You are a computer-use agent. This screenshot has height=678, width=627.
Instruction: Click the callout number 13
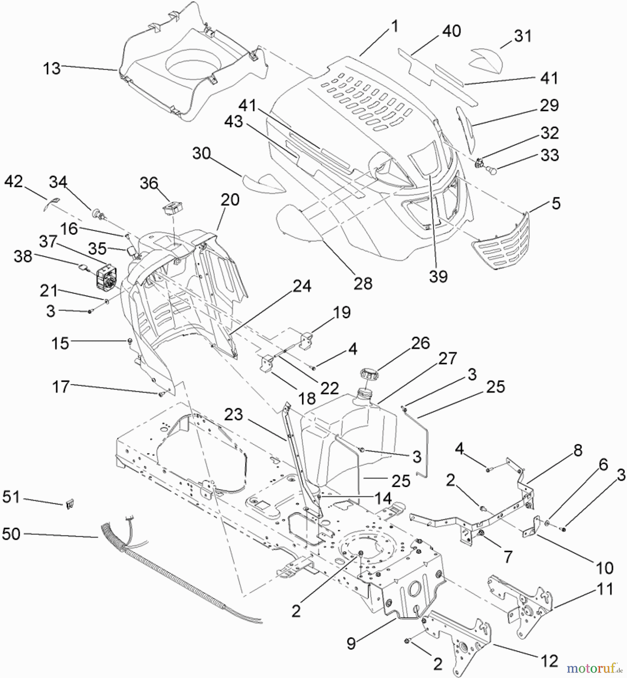[x=52, y=69]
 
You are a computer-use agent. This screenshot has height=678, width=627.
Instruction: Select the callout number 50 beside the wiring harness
[x=11, y=534]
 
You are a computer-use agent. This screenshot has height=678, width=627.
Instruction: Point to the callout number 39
[x=438, y=276]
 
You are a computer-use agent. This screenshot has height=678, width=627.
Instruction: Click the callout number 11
[x=605, y=589]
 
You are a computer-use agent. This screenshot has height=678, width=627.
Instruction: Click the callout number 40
[x=452, y=31]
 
